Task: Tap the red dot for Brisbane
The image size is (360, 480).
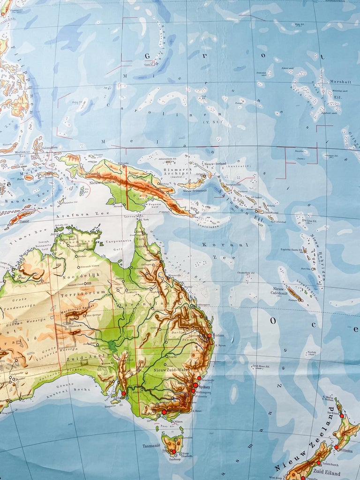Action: (209, 336)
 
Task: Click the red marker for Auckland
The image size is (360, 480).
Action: (342, 416)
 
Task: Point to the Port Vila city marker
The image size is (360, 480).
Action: (313, 269)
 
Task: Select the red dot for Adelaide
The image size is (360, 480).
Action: (124, 394)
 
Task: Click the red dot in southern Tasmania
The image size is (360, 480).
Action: (173, 451)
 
